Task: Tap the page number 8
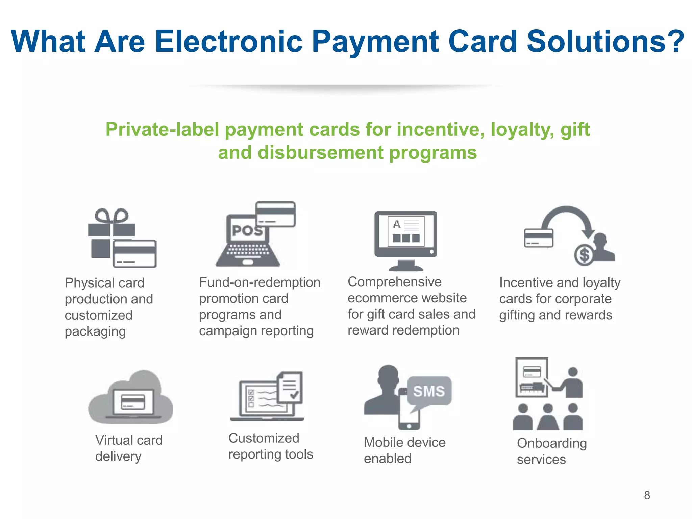pos(647,495)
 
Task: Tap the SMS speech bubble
pos(429,391)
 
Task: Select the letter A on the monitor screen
pos(397,224)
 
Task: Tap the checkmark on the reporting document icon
pos(294,394)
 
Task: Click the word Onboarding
pos(551,443)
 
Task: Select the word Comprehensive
pos(394,282)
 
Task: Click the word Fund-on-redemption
pos(259,282)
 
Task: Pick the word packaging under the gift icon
pos(95,332)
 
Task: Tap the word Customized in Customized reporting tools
pos(264,438)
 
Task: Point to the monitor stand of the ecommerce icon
pos(406,265)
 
